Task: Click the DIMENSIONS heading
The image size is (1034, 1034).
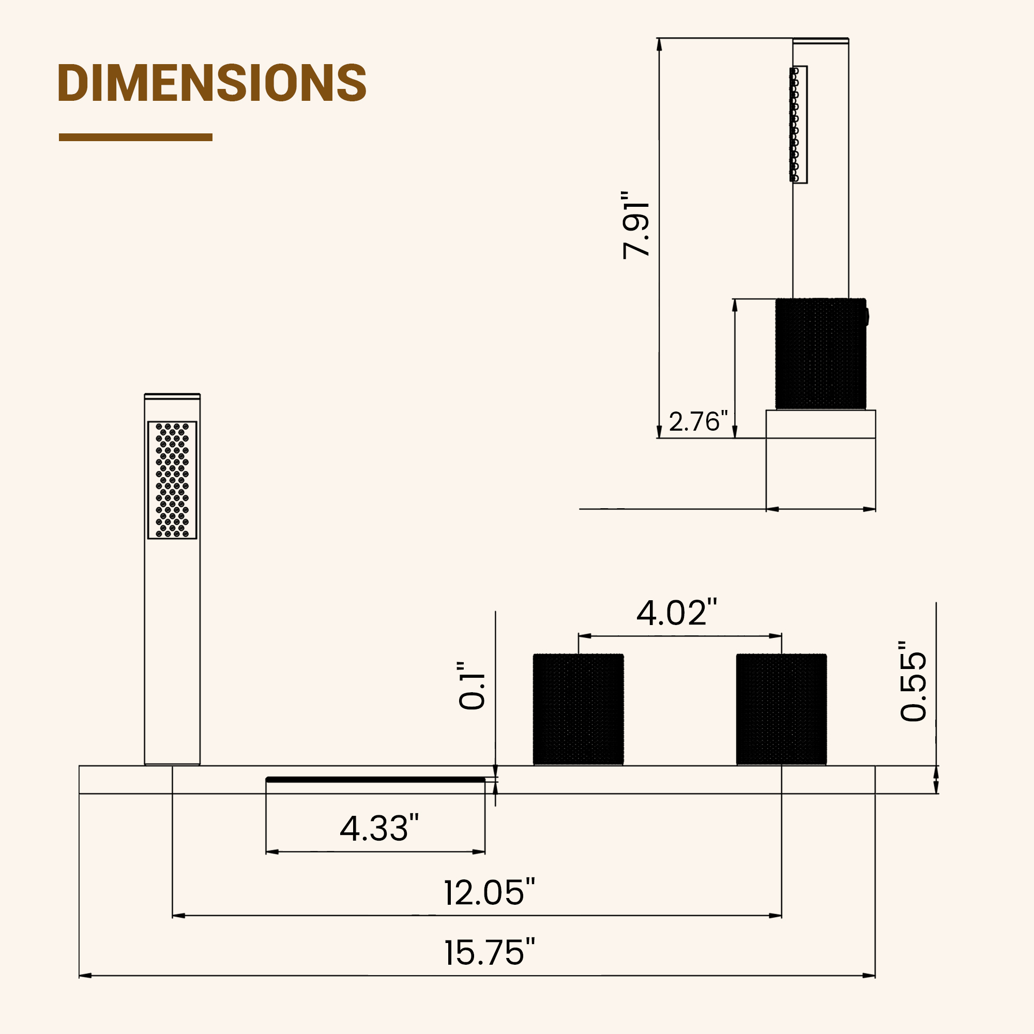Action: click(212, 82)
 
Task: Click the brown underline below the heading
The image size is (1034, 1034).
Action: click(135, 138)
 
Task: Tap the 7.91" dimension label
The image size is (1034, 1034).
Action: click(636, 224)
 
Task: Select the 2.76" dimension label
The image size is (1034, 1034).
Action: click(698, 421)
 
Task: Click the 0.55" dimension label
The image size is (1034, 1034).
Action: click(913, 681)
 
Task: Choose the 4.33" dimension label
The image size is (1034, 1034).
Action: click(379, 828)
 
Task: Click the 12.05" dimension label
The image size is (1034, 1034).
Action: click(489, 892)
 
